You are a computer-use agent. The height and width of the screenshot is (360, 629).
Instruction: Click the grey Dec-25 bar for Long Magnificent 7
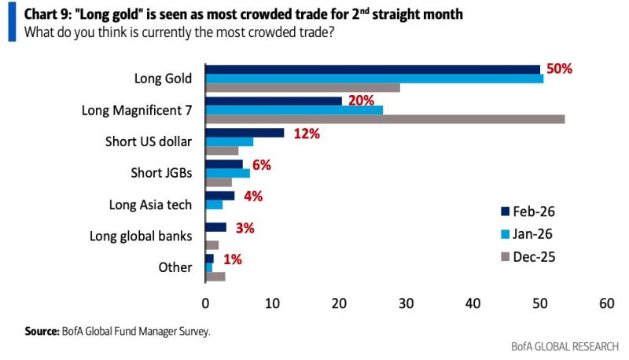[384, 119]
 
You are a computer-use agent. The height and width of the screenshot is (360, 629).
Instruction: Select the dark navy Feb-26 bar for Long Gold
[372, 68]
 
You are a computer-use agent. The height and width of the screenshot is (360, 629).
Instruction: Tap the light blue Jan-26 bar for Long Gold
[373, 78]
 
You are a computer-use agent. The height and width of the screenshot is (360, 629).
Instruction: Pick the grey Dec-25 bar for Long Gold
[302, 87]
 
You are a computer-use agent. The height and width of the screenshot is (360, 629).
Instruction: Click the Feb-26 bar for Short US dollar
[244, 132]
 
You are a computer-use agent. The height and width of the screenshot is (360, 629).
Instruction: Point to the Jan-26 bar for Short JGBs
[227, 173]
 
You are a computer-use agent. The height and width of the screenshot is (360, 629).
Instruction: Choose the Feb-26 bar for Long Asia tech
[219, 196]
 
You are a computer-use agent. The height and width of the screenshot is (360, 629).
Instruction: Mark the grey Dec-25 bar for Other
[215, 276]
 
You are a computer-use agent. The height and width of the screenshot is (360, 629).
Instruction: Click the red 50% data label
[558, 69]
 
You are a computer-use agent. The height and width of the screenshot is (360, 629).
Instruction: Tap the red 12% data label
[306, 134]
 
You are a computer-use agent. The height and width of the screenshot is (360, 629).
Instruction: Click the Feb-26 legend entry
[527, 211]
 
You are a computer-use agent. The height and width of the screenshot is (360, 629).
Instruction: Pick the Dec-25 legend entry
[527, 256]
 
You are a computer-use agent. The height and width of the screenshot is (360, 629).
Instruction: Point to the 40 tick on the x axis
[473, 303]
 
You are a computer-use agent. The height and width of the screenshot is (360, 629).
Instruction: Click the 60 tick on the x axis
[605, 303]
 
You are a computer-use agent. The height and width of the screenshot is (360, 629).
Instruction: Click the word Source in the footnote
[42, 332]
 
